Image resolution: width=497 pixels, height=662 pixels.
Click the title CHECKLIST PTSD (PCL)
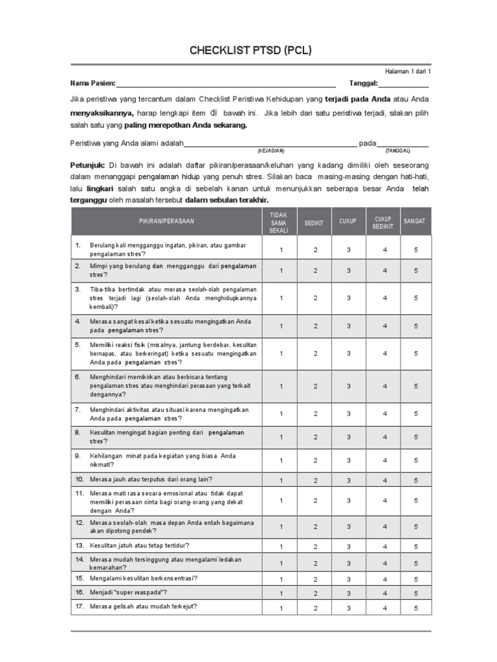(250, 50)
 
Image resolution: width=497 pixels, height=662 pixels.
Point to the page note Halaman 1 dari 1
(407, 71)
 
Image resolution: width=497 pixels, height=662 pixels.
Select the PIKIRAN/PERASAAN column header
(166, 221)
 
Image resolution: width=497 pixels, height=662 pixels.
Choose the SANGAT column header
(415, 221)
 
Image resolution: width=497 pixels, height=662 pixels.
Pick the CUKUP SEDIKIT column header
(382, 222)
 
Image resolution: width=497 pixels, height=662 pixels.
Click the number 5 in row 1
(416, 250)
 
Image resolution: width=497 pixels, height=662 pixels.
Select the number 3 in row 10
(348, 480)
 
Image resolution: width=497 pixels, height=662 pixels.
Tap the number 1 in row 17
(281, 608)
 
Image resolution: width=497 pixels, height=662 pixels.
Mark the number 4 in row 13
(384, 546)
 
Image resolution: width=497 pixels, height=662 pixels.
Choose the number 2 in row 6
(315, 386)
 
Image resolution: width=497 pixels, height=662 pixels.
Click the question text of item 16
(128, 592)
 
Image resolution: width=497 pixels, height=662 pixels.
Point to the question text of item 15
(143, 578)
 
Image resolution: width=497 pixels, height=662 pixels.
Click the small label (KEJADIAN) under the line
(271, 151)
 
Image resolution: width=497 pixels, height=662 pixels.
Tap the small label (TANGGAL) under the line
(398, 151)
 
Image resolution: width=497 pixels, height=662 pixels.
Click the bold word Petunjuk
(88, 165)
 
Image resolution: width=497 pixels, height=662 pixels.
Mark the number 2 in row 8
(315, 437)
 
